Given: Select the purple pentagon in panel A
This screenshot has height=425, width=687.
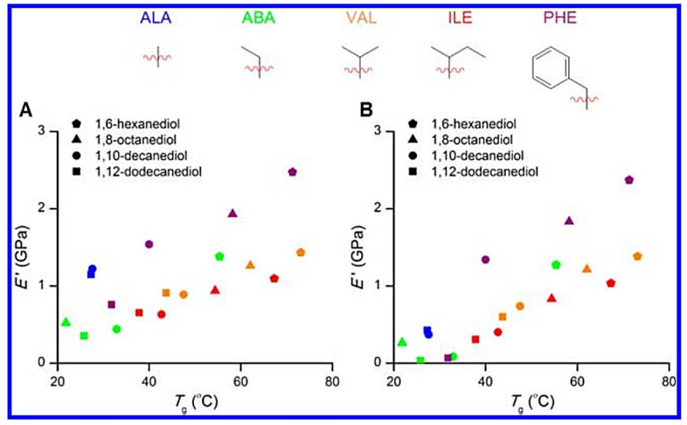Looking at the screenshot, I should tap(293, 172).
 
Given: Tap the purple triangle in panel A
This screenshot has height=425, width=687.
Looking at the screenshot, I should tap(232, 213).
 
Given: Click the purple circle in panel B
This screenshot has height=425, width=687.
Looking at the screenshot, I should tap(485, 259).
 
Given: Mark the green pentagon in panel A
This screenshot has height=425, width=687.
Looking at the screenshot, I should tap(219, 256).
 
